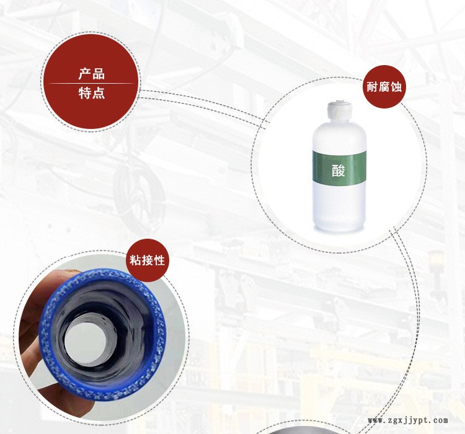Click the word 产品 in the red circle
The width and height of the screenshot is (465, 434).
92,74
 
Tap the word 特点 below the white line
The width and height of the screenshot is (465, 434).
92,93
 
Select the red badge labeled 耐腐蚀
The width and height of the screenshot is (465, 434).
384,87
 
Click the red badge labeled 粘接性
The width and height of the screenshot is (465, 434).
148,260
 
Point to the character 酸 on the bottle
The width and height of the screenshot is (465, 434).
339,170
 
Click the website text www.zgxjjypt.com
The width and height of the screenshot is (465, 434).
408,420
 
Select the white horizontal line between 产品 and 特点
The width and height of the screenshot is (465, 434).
91,83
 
